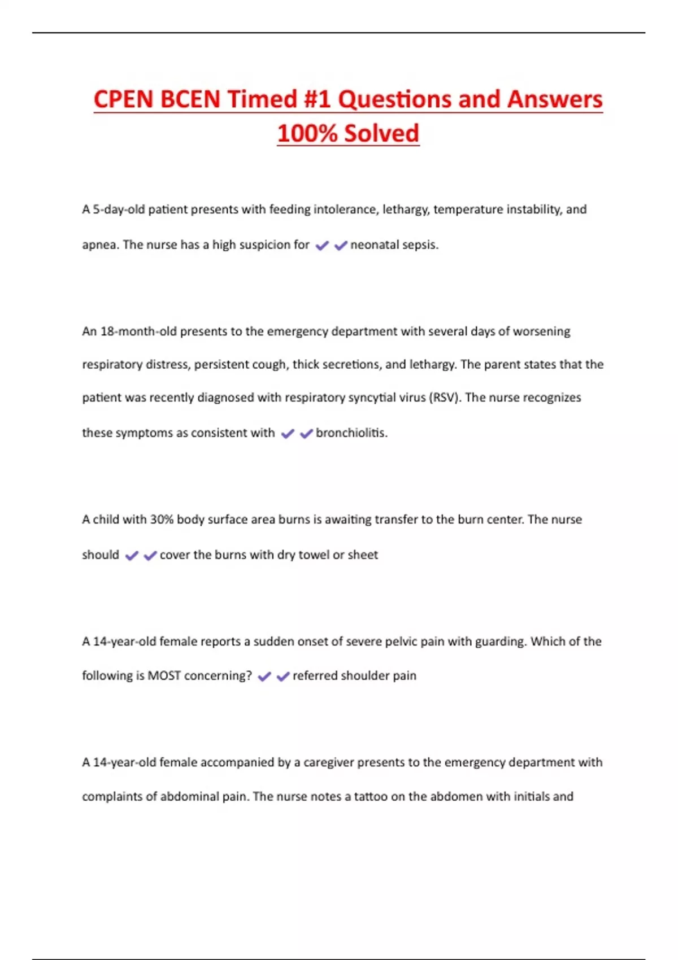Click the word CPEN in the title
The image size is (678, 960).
(124, 99)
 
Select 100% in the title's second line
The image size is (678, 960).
(307, 133)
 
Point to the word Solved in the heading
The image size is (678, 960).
(381, 133)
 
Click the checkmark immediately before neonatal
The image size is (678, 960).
(341, 246)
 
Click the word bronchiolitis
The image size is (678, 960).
(351, 433)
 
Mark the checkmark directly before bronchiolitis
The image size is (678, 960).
(306, 434)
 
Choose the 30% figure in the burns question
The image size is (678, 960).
(162, 520)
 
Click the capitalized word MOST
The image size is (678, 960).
(164, 676)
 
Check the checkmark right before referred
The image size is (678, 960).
(283, 677)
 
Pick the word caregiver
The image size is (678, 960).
(329, 763)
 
